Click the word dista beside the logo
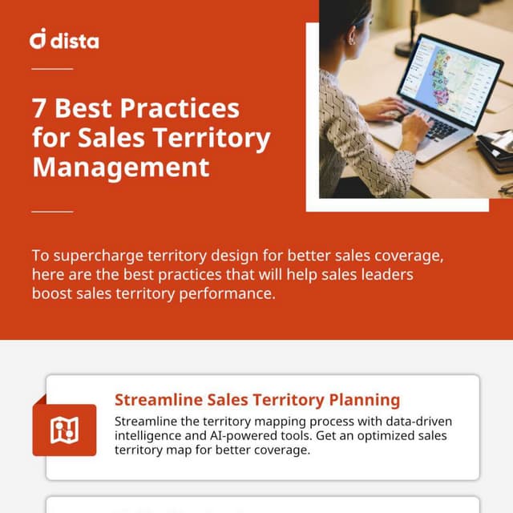pyautogui.click(x=75, y=39)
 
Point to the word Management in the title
pyautogui.click(x=120, y=168)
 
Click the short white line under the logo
pyautogui.click(x=52, y=69)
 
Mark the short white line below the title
pyautogui.click(x=52, y=212)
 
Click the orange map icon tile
pyautogui.click(x=64, y=430)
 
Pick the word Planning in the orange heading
pyautogui.click(x=365, y=400)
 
